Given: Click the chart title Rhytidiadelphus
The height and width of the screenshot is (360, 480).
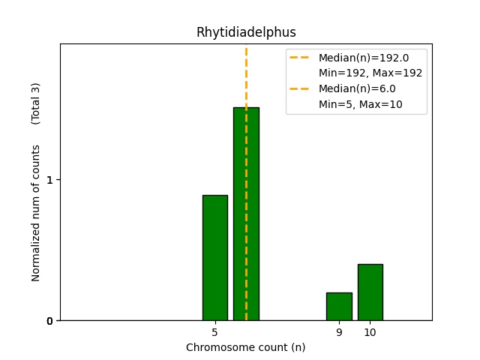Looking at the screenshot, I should tap(246, 32).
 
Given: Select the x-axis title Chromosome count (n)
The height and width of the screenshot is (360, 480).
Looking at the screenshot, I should tap(245, 347).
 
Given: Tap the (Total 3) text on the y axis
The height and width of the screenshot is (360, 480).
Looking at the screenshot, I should tap(36, 103).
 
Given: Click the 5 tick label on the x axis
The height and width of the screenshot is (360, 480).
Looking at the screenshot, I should tap(214, 332).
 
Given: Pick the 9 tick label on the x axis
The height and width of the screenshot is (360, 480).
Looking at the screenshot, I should tap(339, 332).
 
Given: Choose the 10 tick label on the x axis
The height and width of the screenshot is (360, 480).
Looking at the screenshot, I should tap(370, 332).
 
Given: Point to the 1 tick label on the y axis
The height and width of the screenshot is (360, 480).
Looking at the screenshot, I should tap(50, 180).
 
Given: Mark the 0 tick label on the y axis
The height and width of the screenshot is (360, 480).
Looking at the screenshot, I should tap(50, 321).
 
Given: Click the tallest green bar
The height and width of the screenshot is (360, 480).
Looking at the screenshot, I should tap(246, 214).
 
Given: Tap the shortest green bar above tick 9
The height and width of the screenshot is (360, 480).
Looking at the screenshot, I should tap(339, 306).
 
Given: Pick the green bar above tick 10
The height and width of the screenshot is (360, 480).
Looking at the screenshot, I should tap(370, 292).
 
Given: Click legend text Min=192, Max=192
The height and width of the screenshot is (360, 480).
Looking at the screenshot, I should tap(370, 73).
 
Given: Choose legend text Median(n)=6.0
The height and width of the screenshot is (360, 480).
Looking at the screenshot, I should tap(357, 88).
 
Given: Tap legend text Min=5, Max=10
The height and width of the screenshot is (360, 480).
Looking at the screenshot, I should tap(360, 104).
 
